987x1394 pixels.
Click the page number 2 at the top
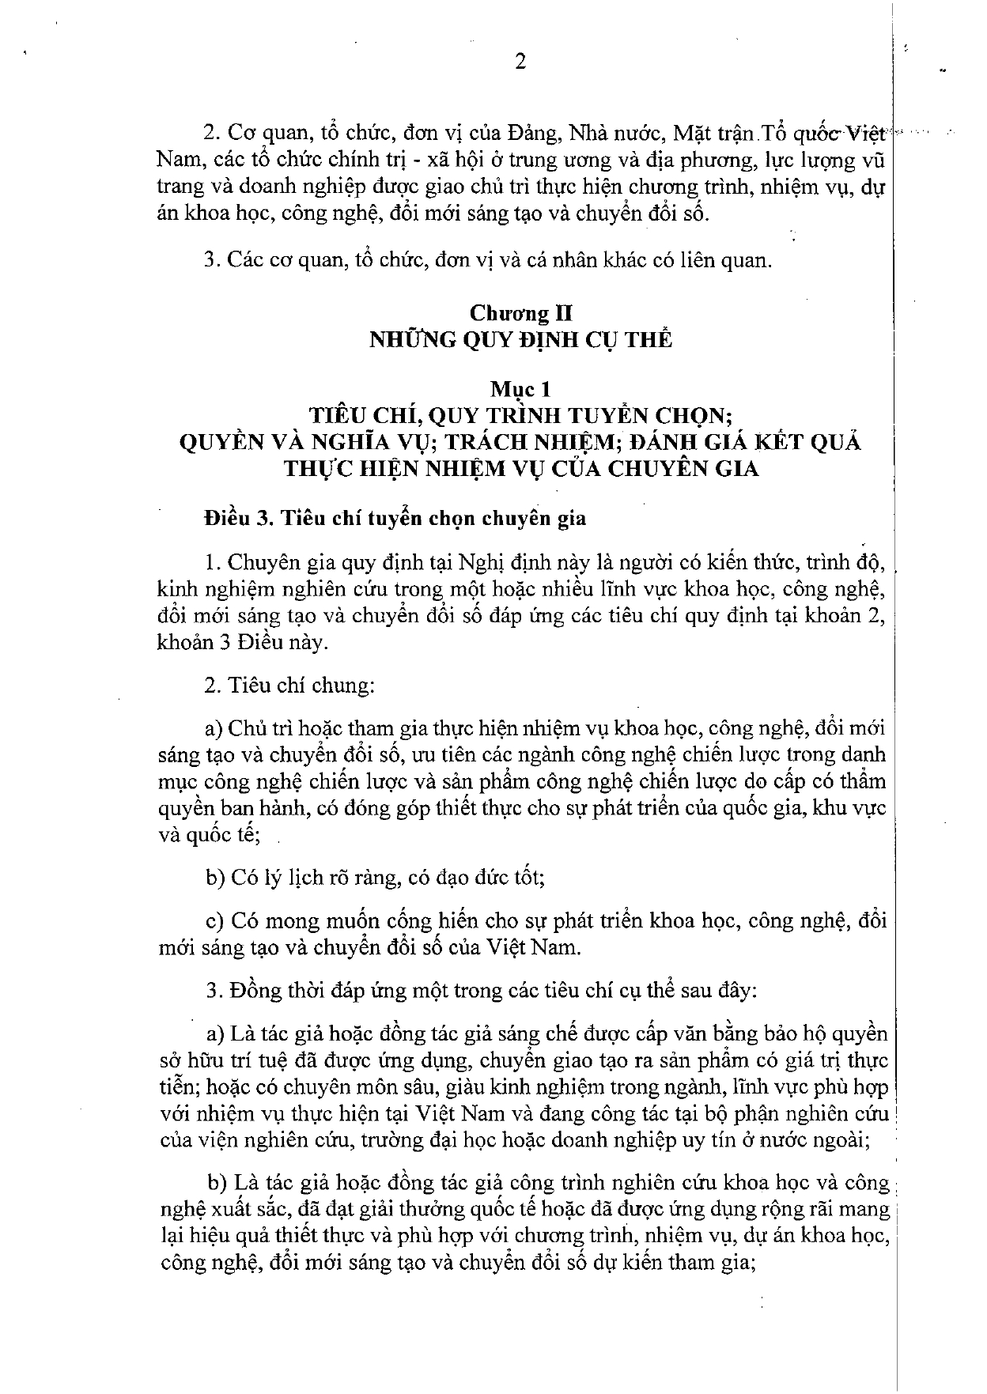(520, 62)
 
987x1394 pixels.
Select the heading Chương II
(522, 313)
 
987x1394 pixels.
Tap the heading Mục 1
(521, 389)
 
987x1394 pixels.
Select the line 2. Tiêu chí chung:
(289, 685)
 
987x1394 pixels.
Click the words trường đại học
(428, 1139)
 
